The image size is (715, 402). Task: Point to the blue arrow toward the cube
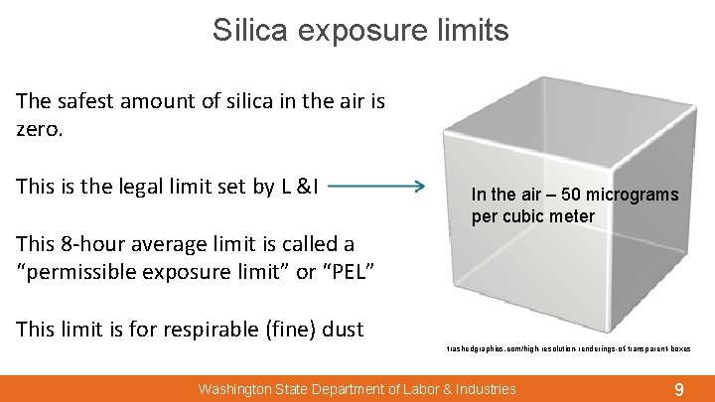[376, 186]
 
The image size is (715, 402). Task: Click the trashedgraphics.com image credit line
[568, 348]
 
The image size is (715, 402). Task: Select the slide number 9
[678, 390]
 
